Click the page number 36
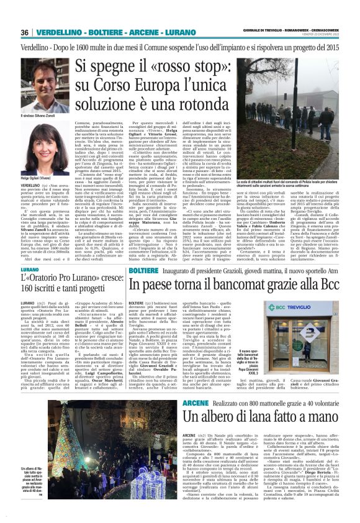click(25, 32)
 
